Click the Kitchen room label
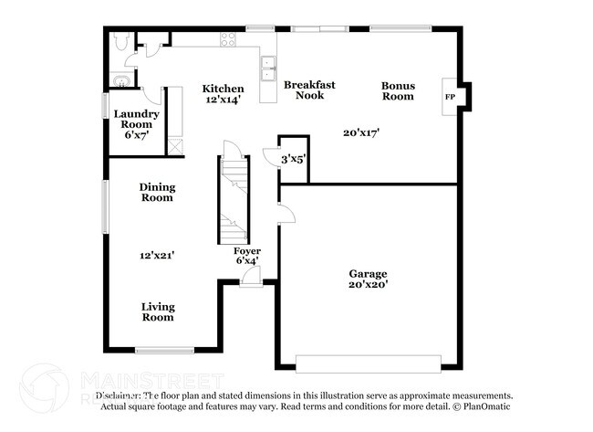[223, 89]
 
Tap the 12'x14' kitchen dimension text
[223, 100]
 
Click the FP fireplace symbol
[450, 96]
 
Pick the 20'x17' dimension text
[361, 132]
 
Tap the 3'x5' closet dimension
[293, 159]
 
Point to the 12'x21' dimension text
[157, 257]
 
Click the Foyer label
[247, 250]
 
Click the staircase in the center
[233, 199]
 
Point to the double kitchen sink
[269, 64]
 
